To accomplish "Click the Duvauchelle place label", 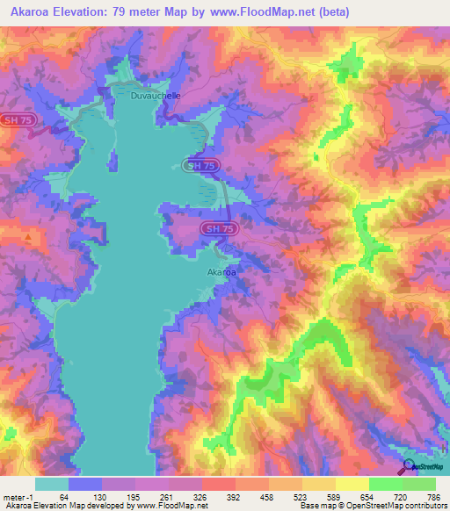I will (x=156, y=96).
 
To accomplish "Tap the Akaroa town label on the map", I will (x=221, y=272).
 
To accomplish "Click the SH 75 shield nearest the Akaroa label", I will (x=220, y=228).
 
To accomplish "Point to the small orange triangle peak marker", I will (x=29, y=237).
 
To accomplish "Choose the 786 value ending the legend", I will (x=435, y=496).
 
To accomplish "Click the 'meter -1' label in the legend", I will (x=18, y=496).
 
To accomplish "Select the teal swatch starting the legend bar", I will (x=52, y=484).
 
